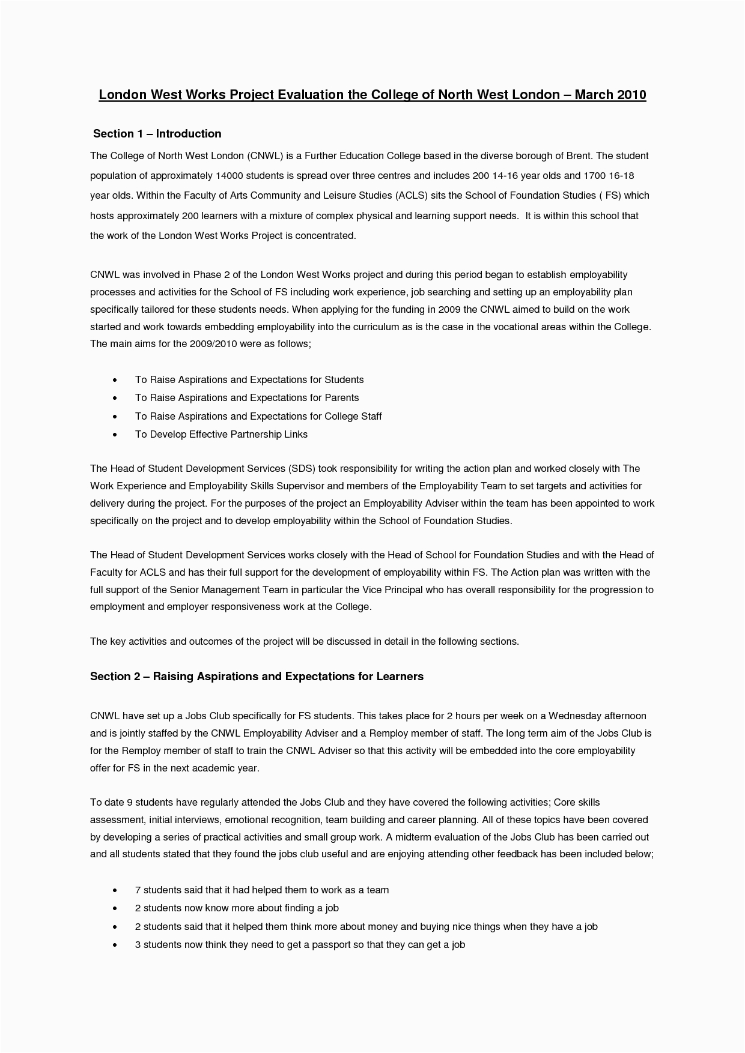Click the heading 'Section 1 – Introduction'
tap(157, 134)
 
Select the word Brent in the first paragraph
tap(579, 156)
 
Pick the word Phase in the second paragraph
tap(207, 275)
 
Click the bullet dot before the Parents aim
tap(115, 399)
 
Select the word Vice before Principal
tap(374, 590)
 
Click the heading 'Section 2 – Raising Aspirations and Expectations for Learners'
tap(257, 677)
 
